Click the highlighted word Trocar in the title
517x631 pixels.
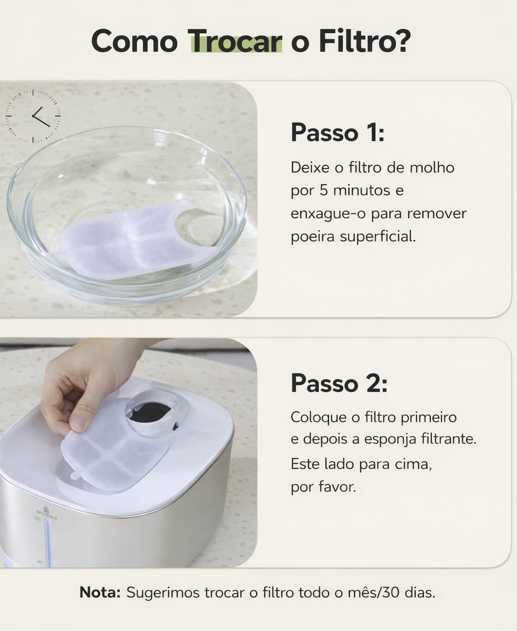click(236, 41)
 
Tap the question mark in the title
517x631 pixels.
click(400, 40)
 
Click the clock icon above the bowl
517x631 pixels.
click(33, 116)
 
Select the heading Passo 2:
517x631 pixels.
click(339, 383)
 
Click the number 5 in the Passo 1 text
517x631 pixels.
click(324, 190)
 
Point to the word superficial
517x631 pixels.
click(378, 236)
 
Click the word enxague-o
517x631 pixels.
click(328, 214)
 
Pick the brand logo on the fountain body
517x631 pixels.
click(46, 513)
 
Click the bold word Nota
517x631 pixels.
click(100, 592)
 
